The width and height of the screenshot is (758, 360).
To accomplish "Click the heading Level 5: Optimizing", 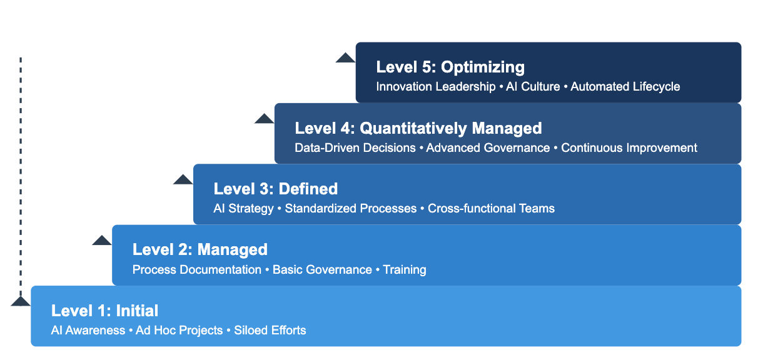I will coord(450,67).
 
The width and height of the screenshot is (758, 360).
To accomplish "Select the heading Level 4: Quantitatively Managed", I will coord(418,128).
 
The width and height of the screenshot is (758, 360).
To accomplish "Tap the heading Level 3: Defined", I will coord(275,189).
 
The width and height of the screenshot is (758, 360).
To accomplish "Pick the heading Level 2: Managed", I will coord(200,249).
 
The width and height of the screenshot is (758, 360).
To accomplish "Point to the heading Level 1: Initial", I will coord(104,311).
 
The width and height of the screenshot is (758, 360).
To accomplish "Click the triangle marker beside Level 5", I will coord(345,58).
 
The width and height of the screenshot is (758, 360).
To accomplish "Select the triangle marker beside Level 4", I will coord(264,119).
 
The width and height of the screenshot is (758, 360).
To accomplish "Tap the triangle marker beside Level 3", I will coord(183,180).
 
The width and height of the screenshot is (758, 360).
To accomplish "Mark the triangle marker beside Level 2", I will coord(101,241).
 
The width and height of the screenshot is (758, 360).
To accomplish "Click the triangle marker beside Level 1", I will coord(20,301).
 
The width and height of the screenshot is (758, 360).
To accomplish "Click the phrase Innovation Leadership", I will coord(435,87).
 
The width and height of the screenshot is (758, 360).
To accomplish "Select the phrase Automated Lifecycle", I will coord(625,87).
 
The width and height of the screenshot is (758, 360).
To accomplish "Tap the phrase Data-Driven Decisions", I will coord(355,148).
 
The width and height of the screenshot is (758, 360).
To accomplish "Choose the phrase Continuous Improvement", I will coord(629,148).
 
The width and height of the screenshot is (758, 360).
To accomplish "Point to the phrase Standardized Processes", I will coord(350,209).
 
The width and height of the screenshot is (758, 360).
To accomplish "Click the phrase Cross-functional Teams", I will coord(491,209).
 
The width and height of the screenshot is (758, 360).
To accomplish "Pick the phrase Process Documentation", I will coord(196,270).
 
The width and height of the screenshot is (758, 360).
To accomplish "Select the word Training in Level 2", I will coord(405,270).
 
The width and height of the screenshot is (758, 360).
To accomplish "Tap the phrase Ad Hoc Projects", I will coord(179,331).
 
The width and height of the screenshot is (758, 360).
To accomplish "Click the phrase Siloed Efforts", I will coord(270,331).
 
